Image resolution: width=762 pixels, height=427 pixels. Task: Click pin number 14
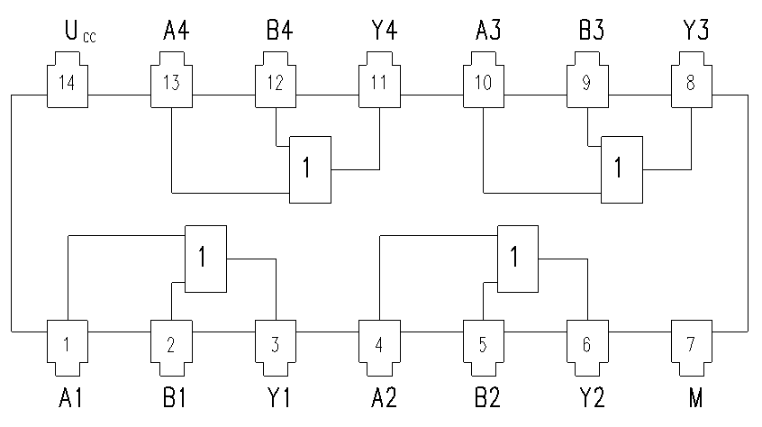(x=67, y=83)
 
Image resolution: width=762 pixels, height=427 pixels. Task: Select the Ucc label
(x=80, y=32)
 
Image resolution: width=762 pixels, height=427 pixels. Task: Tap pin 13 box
(x=171, y=79)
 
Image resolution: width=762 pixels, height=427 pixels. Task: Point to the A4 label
(x=176, y=30)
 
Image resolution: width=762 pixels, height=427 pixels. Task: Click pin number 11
(x=379, y=83)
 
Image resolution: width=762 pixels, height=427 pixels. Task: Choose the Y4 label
(x=385, y=30)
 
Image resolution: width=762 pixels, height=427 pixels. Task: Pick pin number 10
(x=483, y=83)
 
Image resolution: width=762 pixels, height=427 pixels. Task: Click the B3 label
(x=592, y=30)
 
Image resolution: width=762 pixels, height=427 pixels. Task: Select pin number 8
(x=691, y=83)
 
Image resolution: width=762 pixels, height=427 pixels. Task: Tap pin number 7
(x=691, y=344)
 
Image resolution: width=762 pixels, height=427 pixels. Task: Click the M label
(x=695, y=398)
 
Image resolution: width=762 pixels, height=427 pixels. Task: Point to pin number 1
(x=67, y=344)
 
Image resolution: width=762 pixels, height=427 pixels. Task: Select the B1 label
(x=175, y=398)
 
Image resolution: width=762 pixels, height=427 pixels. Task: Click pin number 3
(x=275, y=344)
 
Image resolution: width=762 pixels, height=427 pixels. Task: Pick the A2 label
(x=384, y=398)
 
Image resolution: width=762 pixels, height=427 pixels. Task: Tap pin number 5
(x=483, y=344)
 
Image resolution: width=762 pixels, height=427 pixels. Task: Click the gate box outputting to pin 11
(x=311, y=169)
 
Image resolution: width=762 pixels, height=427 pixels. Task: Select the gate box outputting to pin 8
(x=622, y=169)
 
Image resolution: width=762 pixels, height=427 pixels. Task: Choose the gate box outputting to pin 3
(x=205, y=259)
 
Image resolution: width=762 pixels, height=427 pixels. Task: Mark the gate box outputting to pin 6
(x=518, y=259)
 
